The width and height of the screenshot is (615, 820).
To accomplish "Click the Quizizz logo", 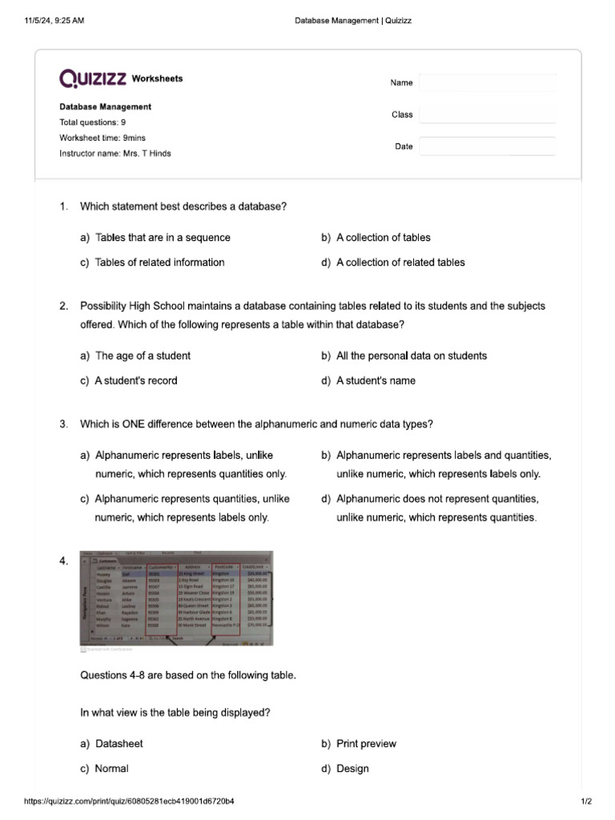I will [93, 78].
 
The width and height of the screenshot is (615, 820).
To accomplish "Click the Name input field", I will [487, 83].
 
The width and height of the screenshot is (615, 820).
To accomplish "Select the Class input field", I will [487, 115].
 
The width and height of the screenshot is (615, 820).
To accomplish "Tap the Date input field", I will [487, 146].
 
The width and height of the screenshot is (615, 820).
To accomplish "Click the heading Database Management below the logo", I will [105, 107].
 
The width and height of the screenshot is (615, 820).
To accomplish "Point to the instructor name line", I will [115, 153].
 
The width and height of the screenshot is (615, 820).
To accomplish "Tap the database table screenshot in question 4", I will [177, 597].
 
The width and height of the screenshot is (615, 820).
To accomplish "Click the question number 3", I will [63, 424].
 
